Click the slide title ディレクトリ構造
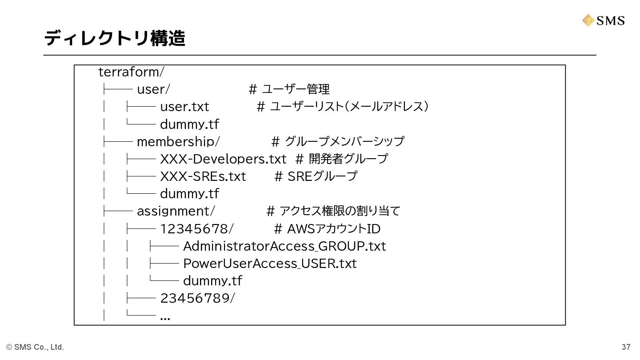click(114, 38)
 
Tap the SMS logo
click(604, 20)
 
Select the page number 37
click(626, 347)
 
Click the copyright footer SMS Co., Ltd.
click(35, 347)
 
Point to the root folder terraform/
click(131, 72)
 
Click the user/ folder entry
click(153, 89)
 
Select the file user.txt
click(184, 107)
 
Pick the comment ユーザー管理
click(295, 89)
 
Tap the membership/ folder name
click(178, 141)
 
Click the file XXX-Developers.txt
click(223, 159)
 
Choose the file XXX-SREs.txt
click(203, 176)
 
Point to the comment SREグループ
click(322, 176)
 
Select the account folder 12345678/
click(197, 229)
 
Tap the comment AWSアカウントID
click(333, 229)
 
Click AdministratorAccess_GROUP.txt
click(284, 246)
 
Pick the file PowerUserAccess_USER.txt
click(270, 264)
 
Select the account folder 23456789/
click(197, 298)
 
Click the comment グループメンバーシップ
click(344, 141)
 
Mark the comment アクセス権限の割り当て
click(340, 211)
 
